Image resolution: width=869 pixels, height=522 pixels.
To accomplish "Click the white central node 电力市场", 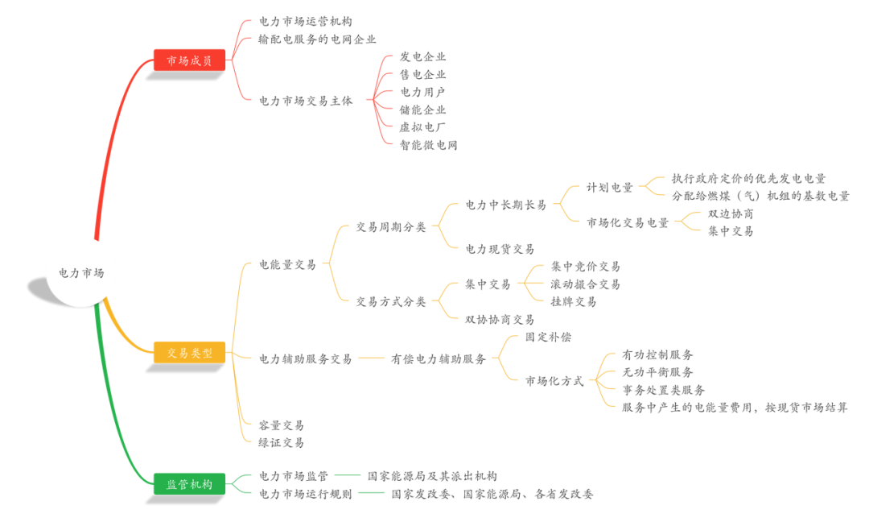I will pyautogui.click(x=80, y=272).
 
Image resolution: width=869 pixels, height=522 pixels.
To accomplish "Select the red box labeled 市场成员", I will pyautogui.click(x=189, y=60).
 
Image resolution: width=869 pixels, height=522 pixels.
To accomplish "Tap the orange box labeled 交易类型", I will pyautogui.click(x=189, y=353).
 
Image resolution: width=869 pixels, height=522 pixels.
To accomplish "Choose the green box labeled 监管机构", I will pyautogui.click(x=189, y=484).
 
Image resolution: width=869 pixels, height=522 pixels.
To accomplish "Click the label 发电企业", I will pyautogui.click(x=422, y=56).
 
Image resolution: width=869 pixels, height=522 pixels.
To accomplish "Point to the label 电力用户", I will pyautogui.click(x=422, y=92).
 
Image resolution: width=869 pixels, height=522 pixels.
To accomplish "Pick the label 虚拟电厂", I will pyautogui.click(x=422, y=127).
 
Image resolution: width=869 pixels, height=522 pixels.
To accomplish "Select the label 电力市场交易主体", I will pyautogui.click(x=305, y=101).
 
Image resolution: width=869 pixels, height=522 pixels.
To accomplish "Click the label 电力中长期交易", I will pyautogui.click(x=505, y=205).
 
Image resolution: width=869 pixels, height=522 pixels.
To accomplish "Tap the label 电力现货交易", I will pyautogui.click(x=499, y=249).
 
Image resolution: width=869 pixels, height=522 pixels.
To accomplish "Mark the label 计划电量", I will pyautogui.click(x=609, y=187).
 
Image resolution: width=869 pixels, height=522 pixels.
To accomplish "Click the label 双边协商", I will pyautogui.click(x=731, y=214).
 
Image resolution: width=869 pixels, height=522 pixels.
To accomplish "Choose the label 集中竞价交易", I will pyautogui.click(x=585, y=267).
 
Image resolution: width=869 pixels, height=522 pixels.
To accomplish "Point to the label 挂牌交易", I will pyautogui.click(x=573, y=301).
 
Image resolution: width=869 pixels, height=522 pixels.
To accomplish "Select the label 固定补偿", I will pyautogui.click(x=547, y=337).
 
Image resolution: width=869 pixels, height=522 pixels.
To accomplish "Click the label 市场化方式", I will pyautogui.click(x=554, y=381).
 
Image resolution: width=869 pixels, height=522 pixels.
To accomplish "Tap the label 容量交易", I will pyautogui.click(x=281, y=425).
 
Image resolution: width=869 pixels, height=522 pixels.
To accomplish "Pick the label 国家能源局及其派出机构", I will pyautogui.click(x=432, y=476).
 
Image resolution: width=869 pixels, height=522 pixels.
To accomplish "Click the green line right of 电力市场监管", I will pyautogui.click(x=347, y=475).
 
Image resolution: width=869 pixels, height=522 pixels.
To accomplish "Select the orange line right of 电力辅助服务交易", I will pyautogui.click(x=371, y=358).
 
